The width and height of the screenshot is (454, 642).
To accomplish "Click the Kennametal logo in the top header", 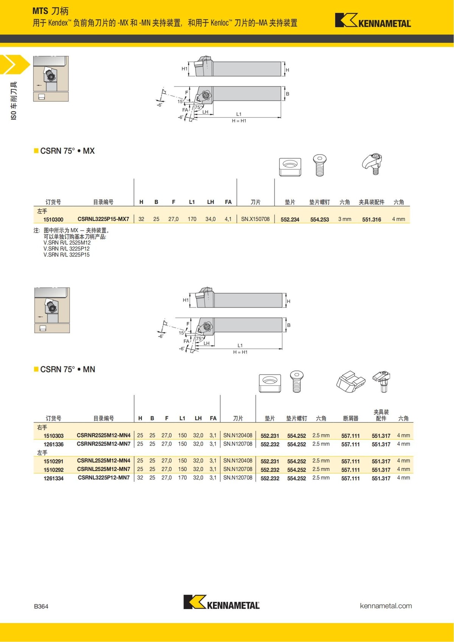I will pyautogui.click(x=373, y=20).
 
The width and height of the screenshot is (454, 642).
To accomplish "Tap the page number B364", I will pyautogui.click(x=41, y=606).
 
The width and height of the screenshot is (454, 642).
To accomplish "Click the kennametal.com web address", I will pyautogui.click(x=386, y=606).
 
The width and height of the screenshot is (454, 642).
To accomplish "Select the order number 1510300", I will pyautogui.click(x=53, y=219).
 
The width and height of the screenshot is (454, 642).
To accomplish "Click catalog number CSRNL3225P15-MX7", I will pyautogui.click(x=103, y=219).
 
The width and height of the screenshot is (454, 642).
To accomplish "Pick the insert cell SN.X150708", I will pyautogui.click(x=255, y=219).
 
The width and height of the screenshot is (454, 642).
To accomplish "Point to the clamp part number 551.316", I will pyautogui.click(x=371, y=219).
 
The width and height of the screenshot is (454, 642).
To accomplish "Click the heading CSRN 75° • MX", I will pyautogui.click(x=67, y=151).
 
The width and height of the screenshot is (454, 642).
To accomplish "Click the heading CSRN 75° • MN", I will pyautogui.click(x=67, y=369).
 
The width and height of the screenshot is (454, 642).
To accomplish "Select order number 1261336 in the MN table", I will pyautogui.click(x=53, y=444).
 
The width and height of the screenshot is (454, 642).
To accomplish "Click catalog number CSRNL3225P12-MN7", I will pyautogui.click(x=104, y=478).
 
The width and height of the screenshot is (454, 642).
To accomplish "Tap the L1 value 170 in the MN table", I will pyautogui.click(x=182, y=478).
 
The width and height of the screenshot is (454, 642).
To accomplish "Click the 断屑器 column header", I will pyautogui.click(x=350, y=418).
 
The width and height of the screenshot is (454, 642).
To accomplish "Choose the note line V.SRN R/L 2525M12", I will pyautogui.click(x=67, y=243).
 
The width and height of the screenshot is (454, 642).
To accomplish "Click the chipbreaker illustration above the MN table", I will pyautogui.click(x=350, y=382).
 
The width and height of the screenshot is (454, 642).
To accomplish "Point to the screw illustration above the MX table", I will pyautogui.click(x=320, y=165).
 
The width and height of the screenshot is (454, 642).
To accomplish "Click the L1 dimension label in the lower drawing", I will pyautogui.click(x=240, y=345).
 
